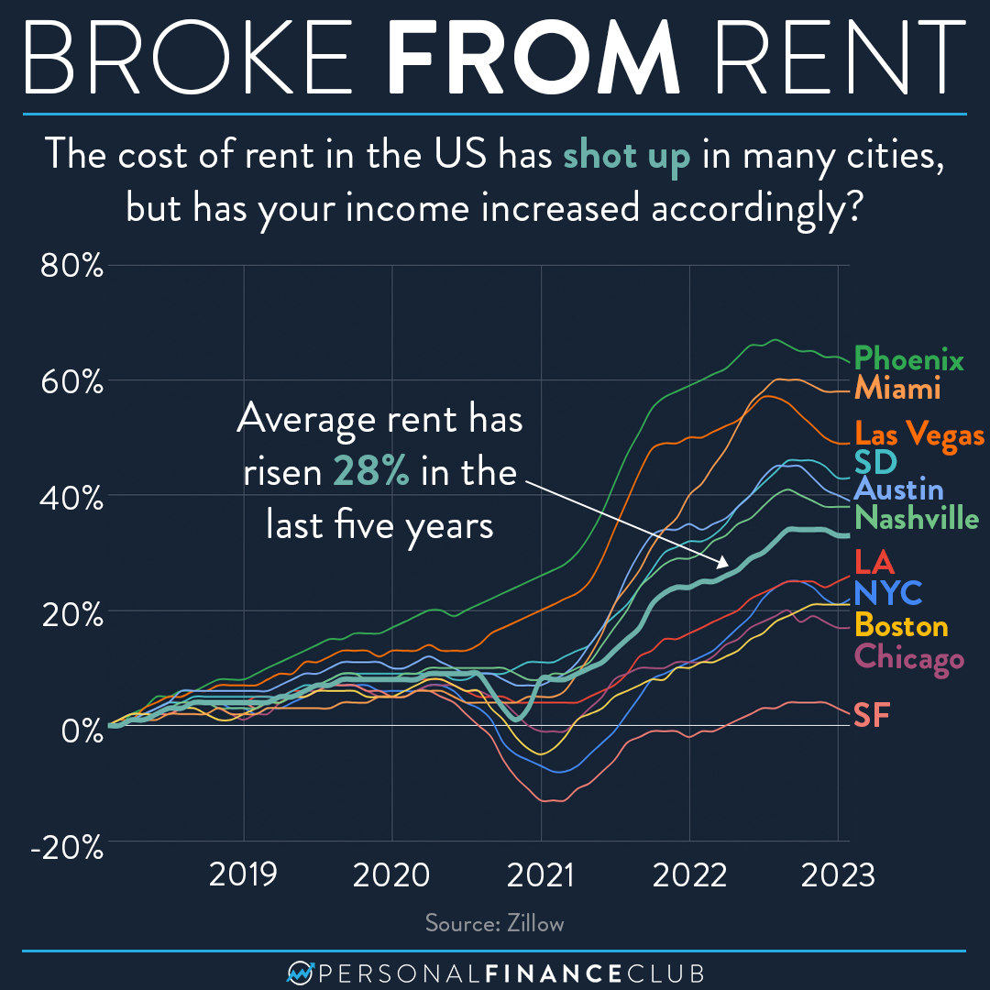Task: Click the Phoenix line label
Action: [908, 358]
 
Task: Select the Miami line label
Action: [897, 389]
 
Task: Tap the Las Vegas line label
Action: [919, 434]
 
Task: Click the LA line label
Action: [873, 560]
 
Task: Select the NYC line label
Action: [887, 593]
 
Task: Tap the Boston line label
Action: [900, 626]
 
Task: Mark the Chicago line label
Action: [908, 658]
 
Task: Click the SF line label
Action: [872, 715]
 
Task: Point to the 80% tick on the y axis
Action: [72, 266]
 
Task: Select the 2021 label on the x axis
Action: [541, 874]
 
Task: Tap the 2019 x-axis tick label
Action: [244, 874]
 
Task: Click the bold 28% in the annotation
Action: [371, 473]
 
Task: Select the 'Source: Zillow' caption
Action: [495, 923]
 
